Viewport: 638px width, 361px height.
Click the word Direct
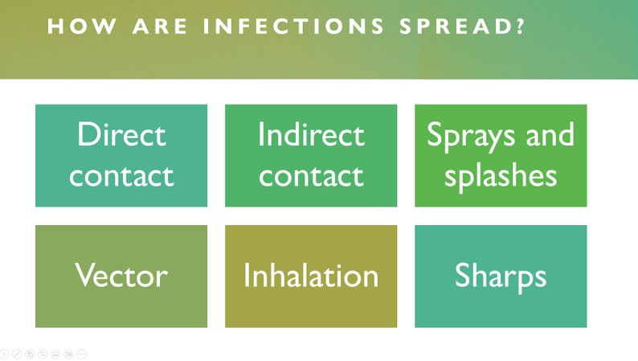pos(121,134)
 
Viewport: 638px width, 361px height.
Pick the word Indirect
pos(311,134)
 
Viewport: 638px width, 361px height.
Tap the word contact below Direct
pos(121,174)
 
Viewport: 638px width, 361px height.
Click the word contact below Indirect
pos(311,174)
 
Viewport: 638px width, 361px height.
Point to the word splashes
pos(501,174)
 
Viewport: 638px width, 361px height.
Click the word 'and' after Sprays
pos(550,134)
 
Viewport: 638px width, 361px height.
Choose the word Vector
pos(121,276)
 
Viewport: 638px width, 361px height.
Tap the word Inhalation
pos(311,276)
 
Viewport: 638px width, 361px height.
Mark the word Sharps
pos(501,277)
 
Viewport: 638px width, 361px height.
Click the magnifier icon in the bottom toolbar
pos(43,354)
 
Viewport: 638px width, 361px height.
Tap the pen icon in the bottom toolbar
pos(16,354)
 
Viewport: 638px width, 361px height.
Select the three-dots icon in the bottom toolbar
pos(82,354)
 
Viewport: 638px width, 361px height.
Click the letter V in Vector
pos(84,276)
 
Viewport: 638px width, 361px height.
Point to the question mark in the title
pos(521,27)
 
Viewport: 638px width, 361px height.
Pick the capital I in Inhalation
pos(247,276)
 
